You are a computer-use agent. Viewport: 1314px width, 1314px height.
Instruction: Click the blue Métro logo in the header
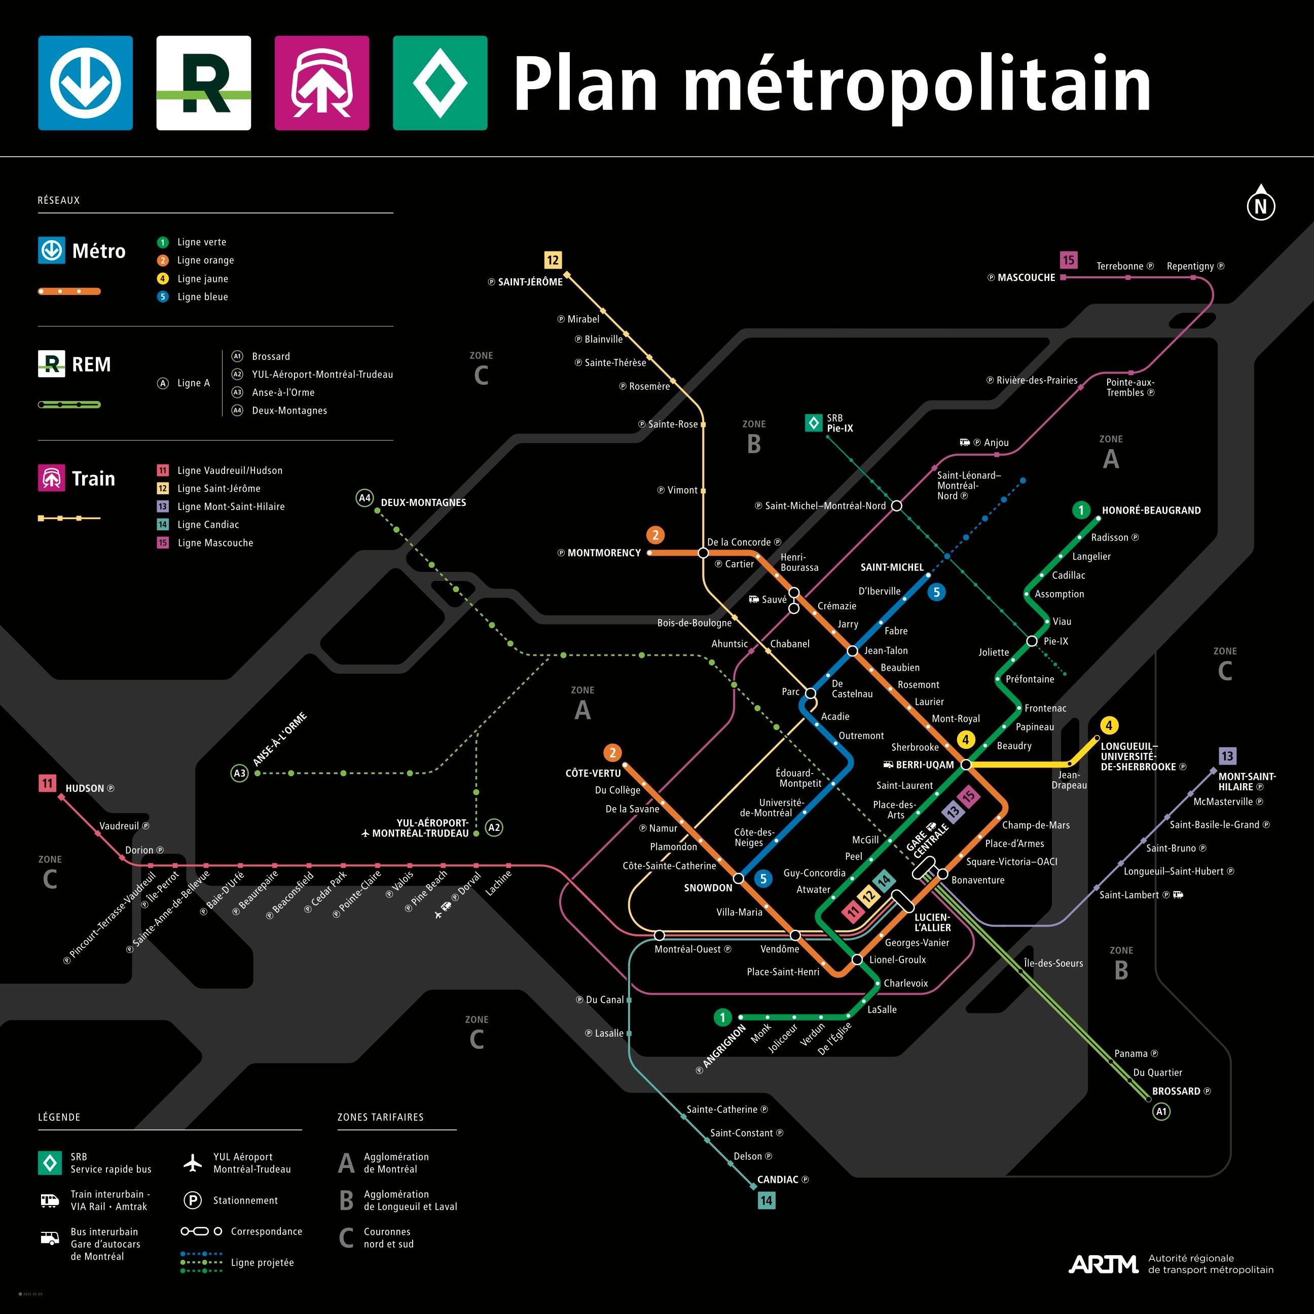click(x=85, y=83)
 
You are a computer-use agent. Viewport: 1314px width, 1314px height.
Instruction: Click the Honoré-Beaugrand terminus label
click(x=1151, y=510)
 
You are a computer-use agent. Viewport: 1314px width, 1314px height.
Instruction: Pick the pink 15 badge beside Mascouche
click(x=1069, y=260)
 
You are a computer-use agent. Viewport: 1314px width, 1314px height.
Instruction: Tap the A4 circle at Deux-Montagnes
click(x=365, y=498)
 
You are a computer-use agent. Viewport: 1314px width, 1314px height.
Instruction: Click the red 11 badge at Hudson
click(x=47, y=783)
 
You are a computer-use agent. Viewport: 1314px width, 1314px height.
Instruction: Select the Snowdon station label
click(x=708, y=888)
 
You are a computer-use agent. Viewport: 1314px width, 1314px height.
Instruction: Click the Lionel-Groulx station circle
click(x=857, y=960)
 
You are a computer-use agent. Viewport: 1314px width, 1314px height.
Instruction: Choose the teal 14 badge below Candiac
click(x=766, y=1200)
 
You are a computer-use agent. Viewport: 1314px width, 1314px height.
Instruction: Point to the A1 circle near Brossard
click(x=1161, y=1111)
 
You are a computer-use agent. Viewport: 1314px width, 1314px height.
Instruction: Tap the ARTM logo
click(x=1103, y=1264)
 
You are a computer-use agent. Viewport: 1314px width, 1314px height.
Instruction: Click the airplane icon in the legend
click(x=193, y=1162)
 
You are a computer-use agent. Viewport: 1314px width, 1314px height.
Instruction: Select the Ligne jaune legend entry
click(x=202, y=279)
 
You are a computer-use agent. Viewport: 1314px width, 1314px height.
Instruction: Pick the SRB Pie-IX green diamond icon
click(x=814, y=423)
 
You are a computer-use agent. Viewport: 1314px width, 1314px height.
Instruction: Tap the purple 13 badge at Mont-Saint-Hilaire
click(x=1227, y=756)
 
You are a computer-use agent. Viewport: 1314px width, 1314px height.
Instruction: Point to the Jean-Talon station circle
click(x=852, y=651)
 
